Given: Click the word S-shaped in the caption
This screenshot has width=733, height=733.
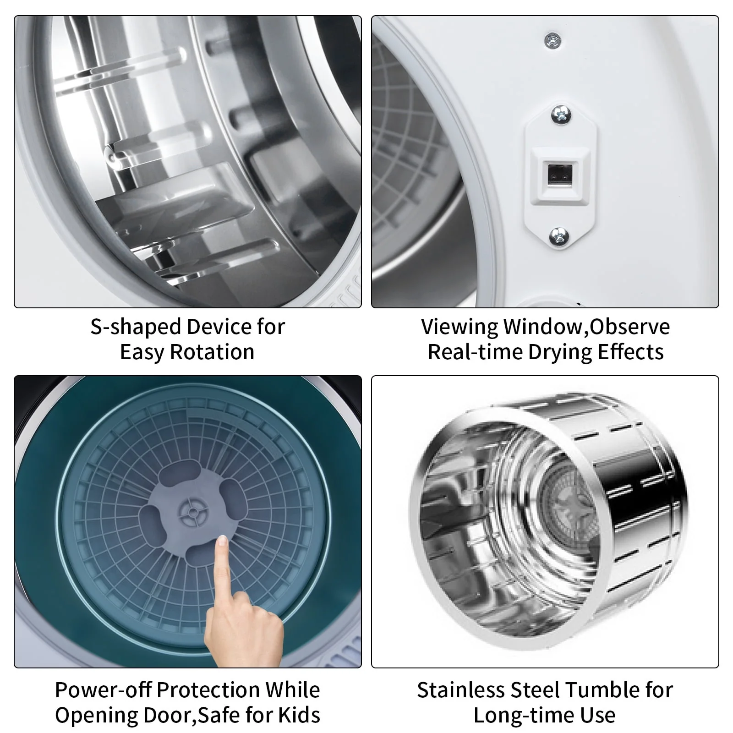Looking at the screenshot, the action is point(135,327).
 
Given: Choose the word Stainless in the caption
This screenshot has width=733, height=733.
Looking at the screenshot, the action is point(461,690).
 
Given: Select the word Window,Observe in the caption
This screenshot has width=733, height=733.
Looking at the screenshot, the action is point(586,327).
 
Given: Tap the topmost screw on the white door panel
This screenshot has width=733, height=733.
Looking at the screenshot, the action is point(553,41).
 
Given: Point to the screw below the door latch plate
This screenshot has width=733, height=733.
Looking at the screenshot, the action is point(559,236).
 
